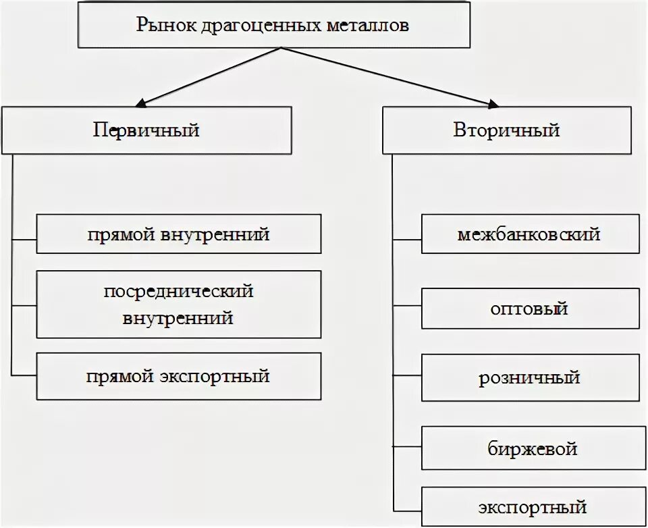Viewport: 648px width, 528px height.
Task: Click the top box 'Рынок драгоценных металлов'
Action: [273, 26]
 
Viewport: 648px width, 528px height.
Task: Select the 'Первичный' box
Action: [146, 130]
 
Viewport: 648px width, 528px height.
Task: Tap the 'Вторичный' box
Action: [506, 130]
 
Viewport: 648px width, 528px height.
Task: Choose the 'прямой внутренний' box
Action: [178, 234]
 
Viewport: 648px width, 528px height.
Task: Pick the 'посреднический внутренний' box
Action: [178, 304]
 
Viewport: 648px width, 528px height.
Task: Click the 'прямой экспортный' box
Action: [178, 376]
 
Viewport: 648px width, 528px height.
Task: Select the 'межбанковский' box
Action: [530, 234]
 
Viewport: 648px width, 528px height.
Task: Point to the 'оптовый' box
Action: [530, 309]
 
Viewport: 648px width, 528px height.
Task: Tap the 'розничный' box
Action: [530, 377]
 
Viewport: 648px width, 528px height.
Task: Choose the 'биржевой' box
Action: [530, 448]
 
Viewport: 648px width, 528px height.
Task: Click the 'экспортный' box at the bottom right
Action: [530, 506]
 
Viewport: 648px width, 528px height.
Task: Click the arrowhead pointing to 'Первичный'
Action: [141, 103]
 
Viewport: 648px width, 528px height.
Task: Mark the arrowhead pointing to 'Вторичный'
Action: [492, 103]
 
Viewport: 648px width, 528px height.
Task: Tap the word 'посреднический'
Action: [178, 292]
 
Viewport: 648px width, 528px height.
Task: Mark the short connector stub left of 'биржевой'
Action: [407, 448]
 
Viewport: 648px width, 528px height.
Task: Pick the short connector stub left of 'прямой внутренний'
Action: [24, 239]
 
